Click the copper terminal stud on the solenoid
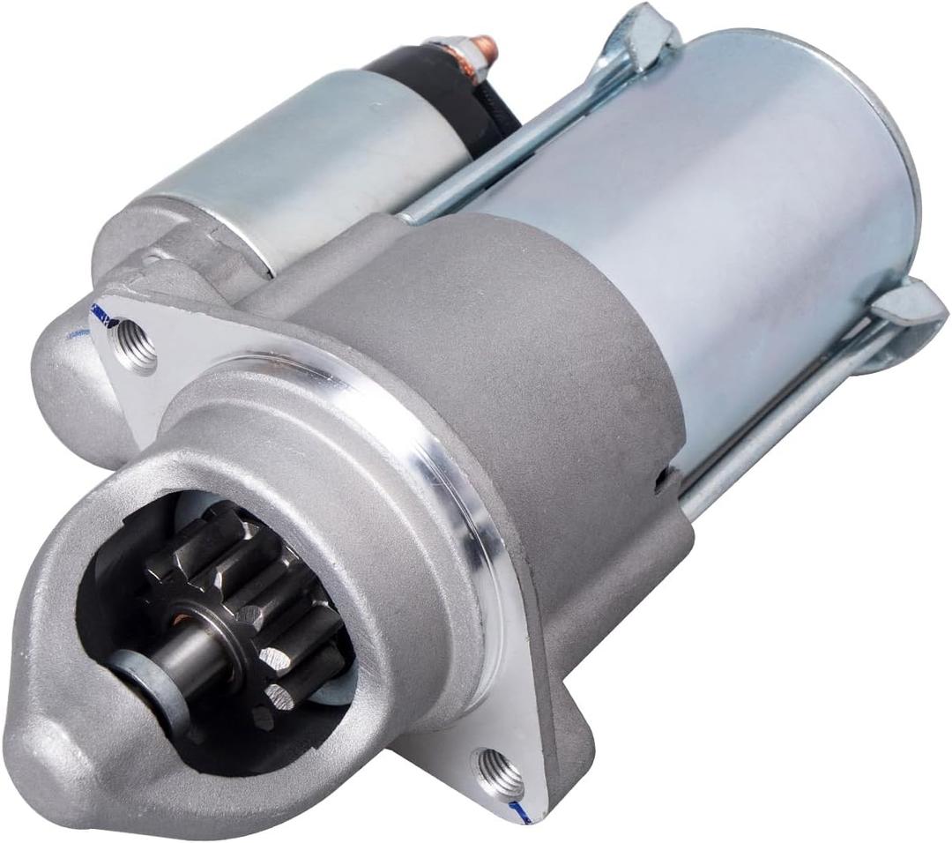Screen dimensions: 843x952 tap(487, 48)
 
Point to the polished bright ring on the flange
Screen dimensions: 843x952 tap(458, 459)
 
